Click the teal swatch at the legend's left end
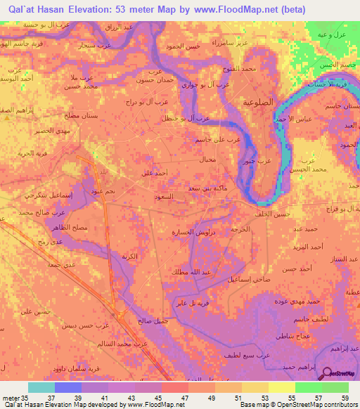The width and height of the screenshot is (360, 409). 41,387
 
